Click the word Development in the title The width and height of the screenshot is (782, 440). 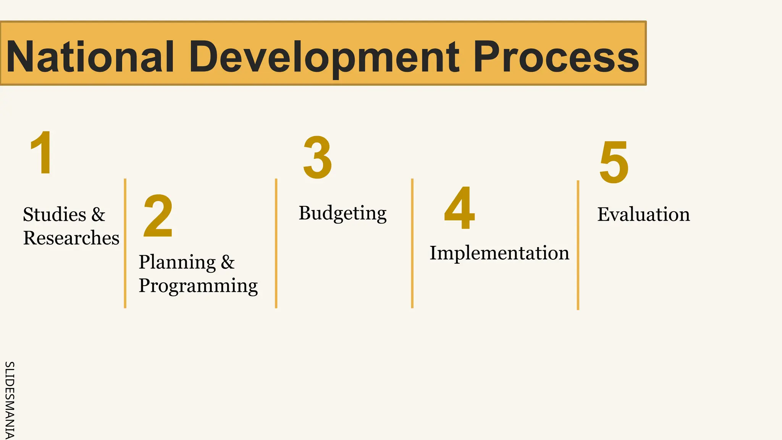[x=324, y=57]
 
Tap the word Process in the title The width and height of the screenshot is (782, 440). [x=556, y=57]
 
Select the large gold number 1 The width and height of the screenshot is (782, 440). [x=41, y=153]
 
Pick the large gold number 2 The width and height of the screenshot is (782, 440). [x=158, y=217]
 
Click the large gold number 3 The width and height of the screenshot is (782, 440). [x=317, y=157]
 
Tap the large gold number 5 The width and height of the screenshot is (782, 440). [x=614, y=162]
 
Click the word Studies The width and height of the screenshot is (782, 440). [x=55, y=214]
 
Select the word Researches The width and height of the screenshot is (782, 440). [x=71, y=238]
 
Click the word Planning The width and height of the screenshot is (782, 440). [x=177, y=262]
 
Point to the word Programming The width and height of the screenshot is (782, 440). [x=198, y=286]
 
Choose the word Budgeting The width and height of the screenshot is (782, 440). [x=343, y=213]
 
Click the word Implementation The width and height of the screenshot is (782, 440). [x=499, y=253]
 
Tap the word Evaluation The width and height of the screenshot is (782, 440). [x=643, y=214]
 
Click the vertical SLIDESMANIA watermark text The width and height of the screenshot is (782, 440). [x=9, y=400]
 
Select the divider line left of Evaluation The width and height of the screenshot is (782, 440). [x=578, y=244]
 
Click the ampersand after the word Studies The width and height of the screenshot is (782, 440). [x=98, y=214]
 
